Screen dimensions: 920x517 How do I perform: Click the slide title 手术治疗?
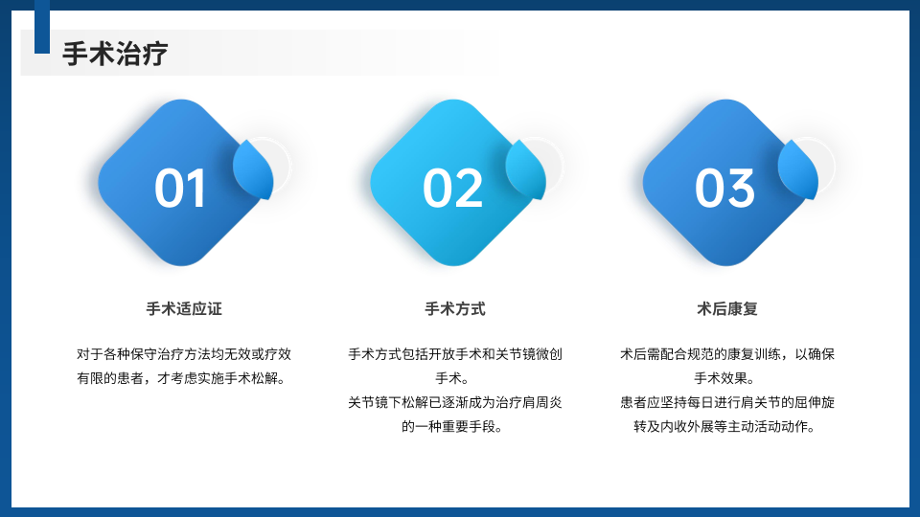115,54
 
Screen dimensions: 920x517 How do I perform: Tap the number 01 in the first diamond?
180,189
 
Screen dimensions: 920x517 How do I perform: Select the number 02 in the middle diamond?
452,189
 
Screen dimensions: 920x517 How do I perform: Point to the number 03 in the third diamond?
724,189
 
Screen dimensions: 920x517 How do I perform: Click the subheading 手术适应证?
184,309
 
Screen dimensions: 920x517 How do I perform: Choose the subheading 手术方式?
454,309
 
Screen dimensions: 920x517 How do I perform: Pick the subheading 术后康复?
727,309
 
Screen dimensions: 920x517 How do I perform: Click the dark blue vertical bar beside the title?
42,27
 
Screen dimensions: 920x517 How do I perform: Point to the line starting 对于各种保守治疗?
184,354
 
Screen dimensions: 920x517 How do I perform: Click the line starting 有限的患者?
181,379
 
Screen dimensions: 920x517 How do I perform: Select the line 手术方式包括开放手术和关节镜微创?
454,354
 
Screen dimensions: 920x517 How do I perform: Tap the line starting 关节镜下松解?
454,403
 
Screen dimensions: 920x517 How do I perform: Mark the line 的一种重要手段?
452,427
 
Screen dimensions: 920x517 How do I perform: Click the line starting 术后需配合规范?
727,354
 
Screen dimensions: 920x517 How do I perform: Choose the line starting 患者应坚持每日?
727,403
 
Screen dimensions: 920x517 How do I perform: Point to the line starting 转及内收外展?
724,427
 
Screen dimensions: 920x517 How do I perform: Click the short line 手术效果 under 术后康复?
724,379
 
